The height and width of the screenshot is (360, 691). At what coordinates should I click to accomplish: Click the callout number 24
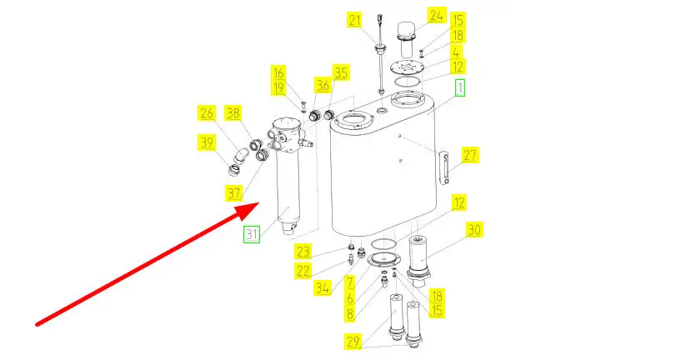(436, 16)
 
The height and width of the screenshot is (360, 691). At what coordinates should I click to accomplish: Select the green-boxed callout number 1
(459, 87)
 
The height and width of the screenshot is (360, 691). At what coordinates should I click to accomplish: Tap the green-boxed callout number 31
(252, 234)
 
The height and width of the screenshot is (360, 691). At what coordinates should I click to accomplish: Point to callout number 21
(354, 20)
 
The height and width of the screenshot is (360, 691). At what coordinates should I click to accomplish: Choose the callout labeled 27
(470, 155)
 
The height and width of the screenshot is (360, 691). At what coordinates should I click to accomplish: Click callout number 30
(474, 229)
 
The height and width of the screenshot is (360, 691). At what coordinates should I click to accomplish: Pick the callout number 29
(353, 342)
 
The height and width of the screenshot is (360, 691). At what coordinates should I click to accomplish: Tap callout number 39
(206, 142)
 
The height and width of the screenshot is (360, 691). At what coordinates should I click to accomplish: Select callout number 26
(206, 113)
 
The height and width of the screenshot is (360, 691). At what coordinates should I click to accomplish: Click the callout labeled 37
(234, 192)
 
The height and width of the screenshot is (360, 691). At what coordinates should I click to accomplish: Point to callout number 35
(341, 72)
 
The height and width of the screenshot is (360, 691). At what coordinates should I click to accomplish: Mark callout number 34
(323, 288)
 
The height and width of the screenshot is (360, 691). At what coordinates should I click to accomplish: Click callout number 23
(303, 252)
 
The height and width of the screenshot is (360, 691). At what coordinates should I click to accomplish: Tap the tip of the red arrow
(258, 203)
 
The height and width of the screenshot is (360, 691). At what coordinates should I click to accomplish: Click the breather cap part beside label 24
(410, 35)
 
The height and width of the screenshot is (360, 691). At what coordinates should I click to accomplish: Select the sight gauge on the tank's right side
(444, 168)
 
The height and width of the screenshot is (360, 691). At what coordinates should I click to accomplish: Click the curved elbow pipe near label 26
(241, 156)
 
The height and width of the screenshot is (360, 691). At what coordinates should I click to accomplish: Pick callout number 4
(456, 52)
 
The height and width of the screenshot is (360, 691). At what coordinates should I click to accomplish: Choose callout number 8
(350, 314)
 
